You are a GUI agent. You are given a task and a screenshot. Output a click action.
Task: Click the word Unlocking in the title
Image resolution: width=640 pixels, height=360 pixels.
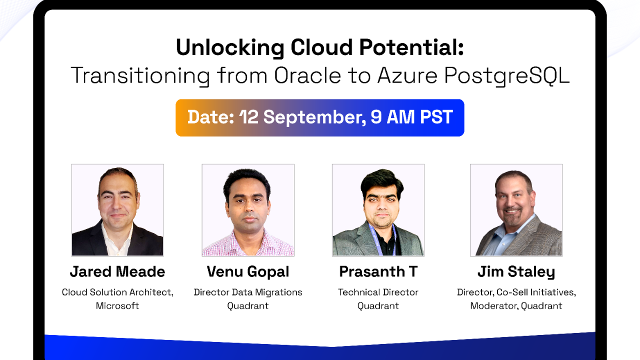230,48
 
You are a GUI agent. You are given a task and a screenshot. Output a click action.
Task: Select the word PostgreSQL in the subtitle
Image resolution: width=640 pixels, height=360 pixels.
507,76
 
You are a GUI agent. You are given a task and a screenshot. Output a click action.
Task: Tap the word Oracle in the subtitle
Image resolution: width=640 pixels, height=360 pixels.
307,75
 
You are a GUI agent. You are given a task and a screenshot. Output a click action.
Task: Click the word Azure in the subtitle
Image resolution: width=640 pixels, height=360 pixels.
407,75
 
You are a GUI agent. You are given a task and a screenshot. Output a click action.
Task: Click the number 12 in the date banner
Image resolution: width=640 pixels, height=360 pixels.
249,117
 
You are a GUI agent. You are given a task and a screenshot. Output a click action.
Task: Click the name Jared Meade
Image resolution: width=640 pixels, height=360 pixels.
117,271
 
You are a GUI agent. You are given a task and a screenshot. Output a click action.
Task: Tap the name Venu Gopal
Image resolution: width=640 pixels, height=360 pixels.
248,272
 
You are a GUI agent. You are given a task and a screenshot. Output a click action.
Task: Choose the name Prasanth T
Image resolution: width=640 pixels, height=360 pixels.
378,271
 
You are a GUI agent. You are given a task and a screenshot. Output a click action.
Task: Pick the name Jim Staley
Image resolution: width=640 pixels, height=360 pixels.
516,272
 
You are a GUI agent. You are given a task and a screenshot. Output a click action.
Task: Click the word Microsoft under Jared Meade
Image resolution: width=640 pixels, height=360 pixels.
117,305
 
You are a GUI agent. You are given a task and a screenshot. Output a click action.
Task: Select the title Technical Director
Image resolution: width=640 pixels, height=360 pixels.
378,292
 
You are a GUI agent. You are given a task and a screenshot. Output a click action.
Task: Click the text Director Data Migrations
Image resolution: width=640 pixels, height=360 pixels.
248,292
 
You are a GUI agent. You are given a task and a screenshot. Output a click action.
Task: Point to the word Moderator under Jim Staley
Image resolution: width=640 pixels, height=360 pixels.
494,306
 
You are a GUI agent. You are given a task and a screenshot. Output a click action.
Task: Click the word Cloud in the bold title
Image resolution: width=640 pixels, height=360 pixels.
321,47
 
